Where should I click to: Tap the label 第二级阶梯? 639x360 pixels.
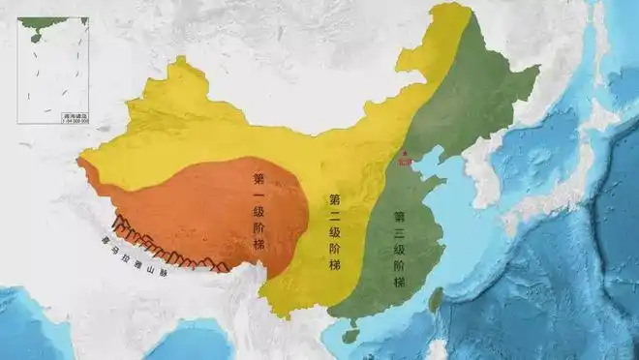coord(335,230)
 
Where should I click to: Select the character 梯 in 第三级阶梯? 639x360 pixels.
coord(399,282)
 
